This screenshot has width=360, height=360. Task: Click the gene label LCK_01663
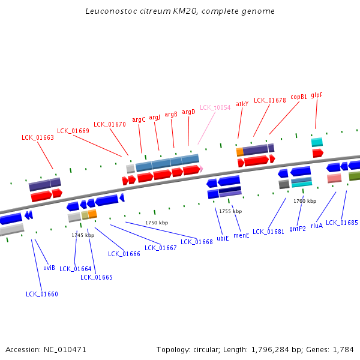[x=38, y=137]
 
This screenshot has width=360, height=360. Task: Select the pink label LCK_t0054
[x=215, y=107]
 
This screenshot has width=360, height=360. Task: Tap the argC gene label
[x=139, y=119]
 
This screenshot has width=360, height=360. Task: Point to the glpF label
[x=317, y=95]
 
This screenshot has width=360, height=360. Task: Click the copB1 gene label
[x=299, y=97]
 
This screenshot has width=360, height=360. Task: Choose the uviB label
[x=49, y=268]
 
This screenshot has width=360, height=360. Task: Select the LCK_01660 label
[x=42, y=294]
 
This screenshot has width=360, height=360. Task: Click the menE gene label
[x=241, y=235]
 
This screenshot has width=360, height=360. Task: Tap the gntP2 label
[x=298, y=229]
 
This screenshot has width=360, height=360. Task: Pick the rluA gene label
[x=317, y=226]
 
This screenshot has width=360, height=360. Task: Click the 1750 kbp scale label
[x=157, y=223]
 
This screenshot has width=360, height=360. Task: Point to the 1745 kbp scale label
[x=83, y=235]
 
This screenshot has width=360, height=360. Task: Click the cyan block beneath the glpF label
[x=317, y=142]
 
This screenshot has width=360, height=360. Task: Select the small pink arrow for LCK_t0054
[x=202, y=169]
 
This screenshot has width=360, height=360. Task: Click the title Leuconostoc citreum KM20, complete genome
[x=180, y=11]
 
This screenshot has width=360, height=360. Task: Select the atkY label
[x=242, y=104]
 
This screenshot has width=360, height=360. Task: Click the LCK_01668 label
[x=197, y=242]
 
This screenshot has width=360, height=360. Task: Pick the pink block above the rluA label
[x=334, y=178]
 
